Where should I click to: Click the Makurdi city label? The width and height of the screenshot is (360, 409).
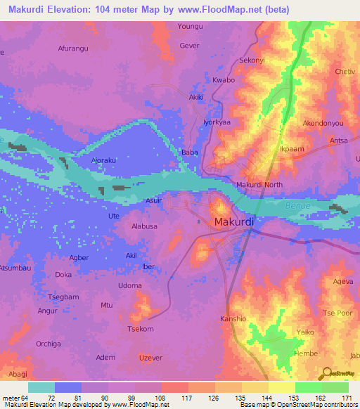pos(233,223)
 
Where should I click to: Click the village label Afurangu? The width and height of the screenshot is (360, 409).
pos(74,48)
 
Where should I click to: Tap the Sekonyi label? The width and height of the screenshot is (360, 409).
pos(252,60)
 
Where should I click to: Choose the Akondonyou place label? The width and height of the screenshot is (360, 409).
pos(323,122)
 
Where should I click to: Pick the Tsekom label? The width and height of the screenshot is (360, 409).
pos(139,329)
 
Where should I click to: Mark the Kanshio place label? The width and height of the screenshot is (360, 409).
pos(233,318)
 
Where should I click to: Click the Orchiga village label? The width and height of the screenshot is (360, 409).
pos(49,344)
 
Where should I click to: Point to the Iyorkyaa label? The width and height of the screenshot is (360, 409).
pos(217,122)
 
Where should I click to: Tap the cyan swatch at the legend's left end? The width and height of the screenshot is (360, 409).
pos(41,387)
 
